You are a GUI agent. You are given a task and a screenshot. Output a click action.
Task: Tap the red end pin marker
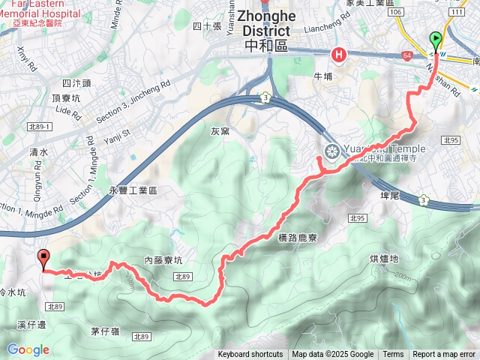43,259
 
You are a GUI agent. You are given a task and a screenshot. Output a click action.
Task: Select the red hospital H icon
339,54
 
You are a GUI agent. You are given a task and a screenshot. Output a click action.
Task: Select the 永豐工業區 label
133,191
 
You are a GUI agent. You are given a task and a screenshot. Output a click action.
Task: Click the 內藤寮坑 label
163,260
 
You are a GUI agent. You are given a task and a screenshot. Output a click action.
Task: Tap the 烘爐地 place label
385,259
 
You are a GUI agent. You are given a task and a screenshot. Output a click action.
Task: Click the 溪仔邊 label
31,325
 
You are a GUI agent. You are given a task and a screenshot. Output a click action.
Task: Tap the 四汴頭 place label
76,83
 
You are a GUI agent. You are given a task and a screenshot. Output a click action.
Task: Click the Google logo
28,349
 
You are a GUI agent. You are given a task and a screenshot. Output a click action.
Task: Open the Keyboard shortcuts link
250,355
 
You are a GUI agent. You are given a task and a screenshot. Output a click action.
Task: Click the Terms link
393,355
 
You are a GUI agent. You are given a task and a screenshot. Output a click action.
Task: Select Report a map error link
445,355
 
